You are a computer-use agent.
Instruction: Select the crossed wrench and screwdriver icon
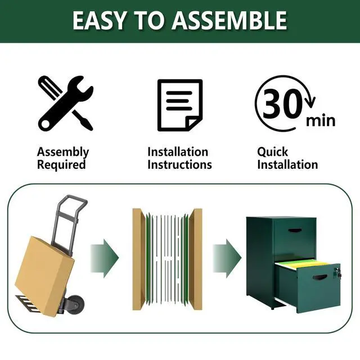tap(66, 103)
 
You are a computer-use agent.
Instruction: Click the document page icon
tap(180, 105)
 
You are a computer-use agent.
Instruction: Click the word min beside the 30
tap(321, 121)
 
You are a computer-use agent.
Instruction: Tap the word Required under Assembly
tap(61, 165)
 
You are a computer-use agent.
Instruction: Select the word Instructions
tap(179, 165)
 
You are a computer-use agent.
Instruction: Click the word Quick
tap(272, 152)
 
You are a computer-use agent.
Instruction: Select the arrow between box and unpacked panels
tap(105, 258)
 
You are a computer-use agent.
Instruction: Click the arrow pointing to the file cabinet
tap(227, 258)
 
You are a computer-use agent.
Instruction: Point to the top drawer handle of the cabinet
tap(295, 231)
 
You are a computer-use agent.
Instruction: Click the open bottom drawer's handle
tap(320, 277)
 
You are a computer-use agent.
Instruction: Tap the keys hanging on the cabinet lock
tap(337, 273)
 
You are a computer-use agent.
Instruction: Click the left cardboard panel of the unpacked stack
tap(138, 259)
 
